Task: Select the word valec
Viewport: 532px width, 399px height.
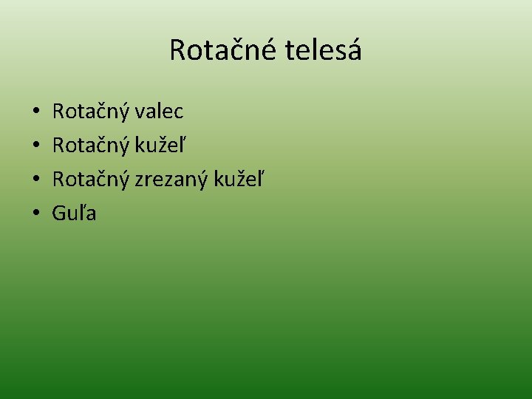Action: pos(158,112)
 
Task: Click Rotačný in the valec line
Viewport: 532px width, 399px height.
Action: pos(91,112)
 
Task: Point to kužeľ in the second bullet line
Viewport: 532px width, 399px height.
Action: pos(160,146)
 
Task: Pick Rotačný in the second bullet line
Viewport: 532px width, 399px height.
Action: pos(91,146)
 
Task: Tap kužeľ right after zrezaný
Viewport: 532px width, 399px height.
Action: pos(239,180)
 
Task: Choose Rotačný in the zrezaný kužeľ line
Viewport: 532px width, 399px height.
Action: pos(91,180)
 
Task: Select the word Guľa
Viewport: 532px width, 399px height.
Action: pos(74,214)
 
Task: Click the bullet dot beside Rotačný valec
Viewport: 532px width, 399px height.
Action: pos(35,113)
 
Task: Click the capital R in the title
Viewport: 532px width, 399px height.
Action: pos(177,50)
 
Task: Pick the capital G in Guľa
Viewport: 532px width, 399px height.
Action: pos(59,214)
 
